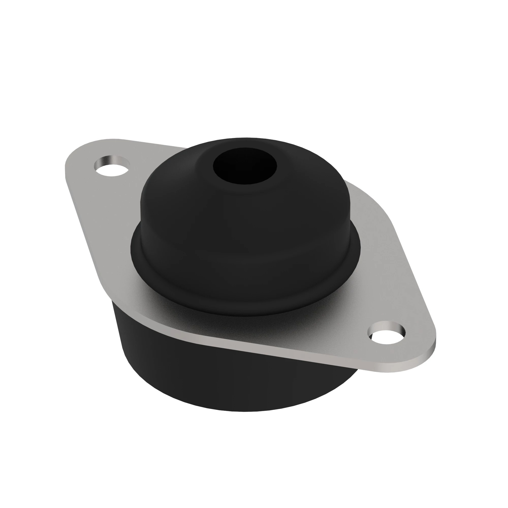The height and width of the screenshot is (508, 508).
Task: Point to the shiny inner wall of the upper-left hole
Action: [110, 160]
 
